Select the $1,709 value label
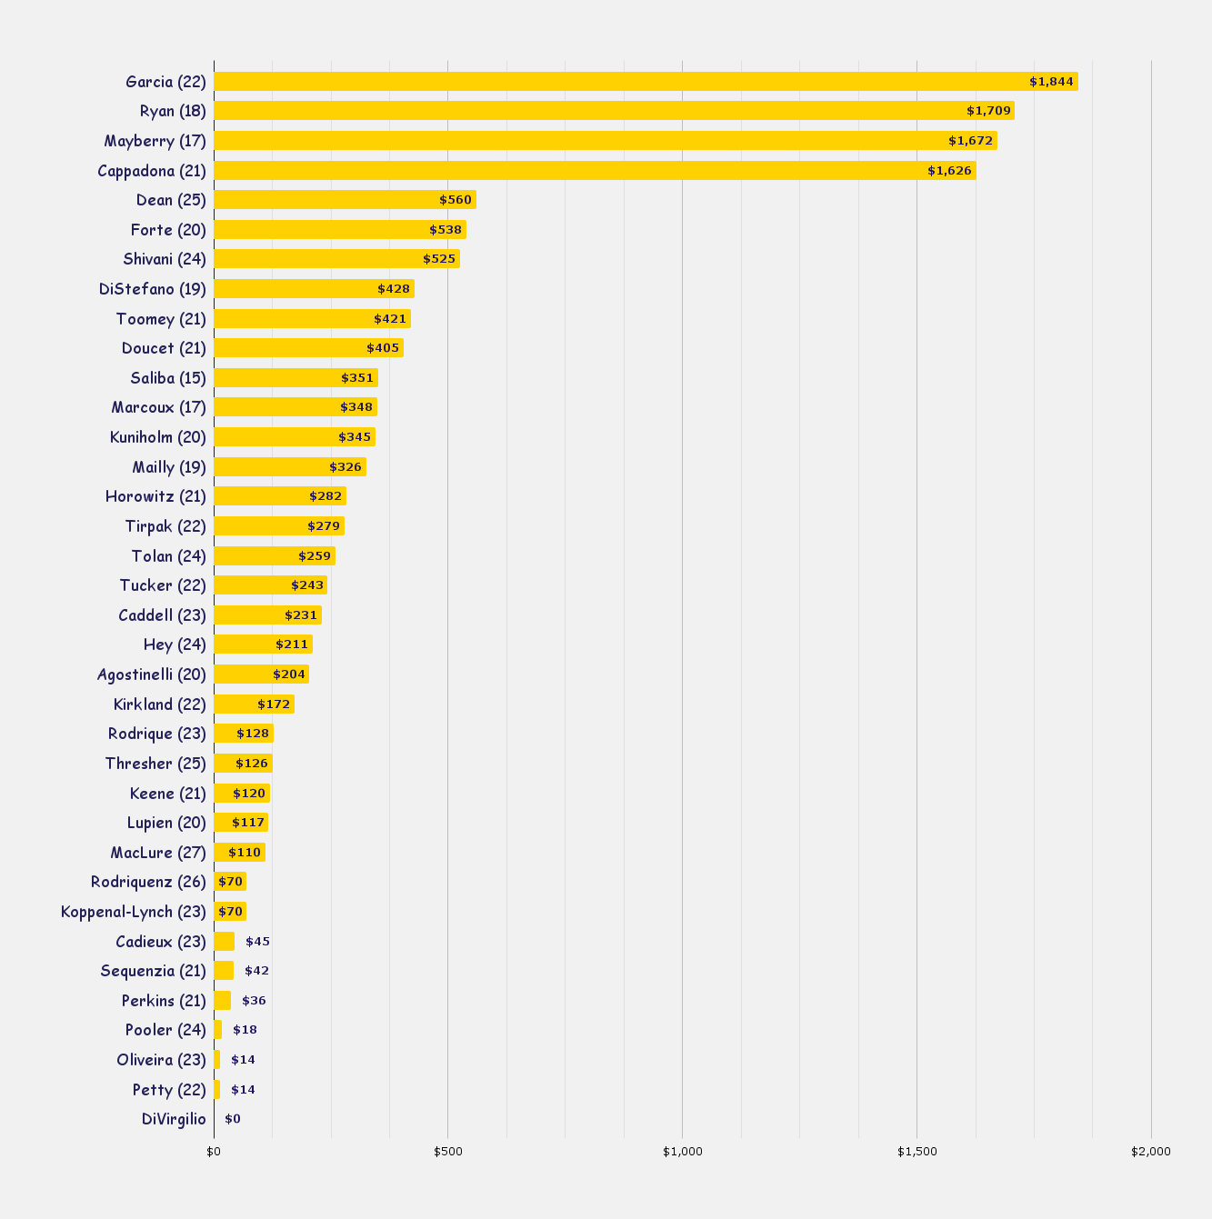[x=988, y=111]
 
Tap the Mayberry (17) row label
[x=155, y=141]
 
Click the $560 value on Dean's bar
[x=456, y=200]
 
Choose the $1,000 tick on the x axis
[x=683, y=1152]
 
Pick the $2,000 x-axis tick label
[x=1151, y=1152]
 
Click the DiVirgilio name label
[x=174, y=1119]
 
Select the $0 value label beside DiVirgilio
[x=233, y=1119]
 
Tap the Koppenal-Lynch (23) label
[x=134, y=912]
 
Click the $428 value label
[x=394, y=289]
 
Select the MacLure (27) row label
[x=158, y=853]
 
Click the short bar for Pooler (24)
[x=218, y=1030]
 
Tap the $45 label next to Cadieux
[x=257, y=942]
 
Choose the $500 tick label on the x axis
[x=448, y=1152]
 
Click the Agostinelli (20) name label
[x=152, y=674]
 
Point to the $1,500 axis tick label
[x=917, y=1152]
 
